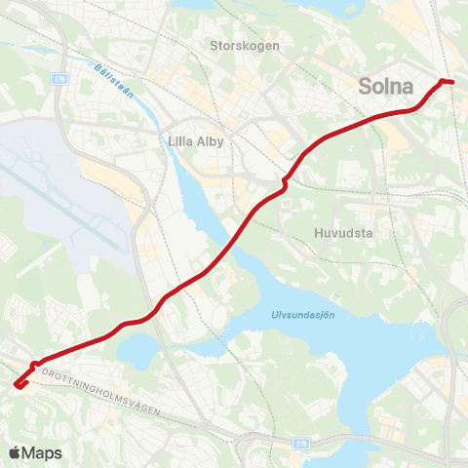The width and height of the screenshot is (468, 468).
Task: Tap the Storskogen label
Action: (244, 45)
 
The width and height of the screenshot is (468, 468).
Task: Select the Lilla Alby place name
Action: (196, 141)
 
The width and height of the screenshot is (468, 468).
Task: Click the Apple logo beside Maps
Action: (15, 452)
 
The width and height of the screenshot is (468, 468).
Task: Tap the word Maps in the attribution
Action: (42, 452)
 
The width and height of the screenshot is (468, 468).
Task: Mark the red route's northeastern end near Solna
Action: (448, 81)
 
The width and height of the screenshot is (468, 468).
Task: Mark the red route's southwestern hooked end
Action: (18, 383)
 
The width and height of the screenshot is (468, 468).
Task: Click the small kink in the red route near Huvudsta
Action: (284, 183)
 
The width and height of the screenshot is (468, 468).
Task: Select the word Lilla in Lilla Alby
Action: (179, 141)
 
